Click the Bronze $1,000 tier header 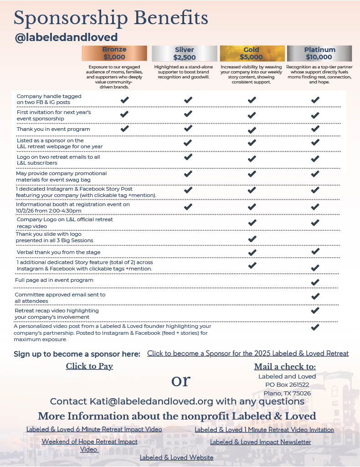tap(114, 53)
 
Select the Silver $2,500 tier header tap(184, 53)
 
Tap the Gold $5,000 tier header tap(251, 53)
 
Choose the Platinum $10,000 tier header tap(319, 53)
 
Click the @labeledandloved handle tap(67, 37)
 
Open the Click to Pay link tap(89, 366)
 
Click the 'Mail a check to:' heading tap(285, 367)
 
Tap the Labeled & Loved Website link tap(176, 457)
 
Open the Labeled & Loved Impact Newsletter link tap(260, 442)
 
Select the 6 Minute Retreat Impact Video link tap(94, 429)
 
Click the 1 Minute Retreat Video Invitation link tap(264, 430)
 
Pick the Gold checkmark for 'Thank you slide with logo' tap(252, 239)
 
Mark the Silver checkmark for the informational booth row tap(188, 207)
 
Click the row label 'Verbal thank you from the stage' tap(58, 252)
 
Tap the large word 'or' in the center tap(180, 380)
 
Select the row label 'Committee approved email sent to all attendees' tap(61, 298)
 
